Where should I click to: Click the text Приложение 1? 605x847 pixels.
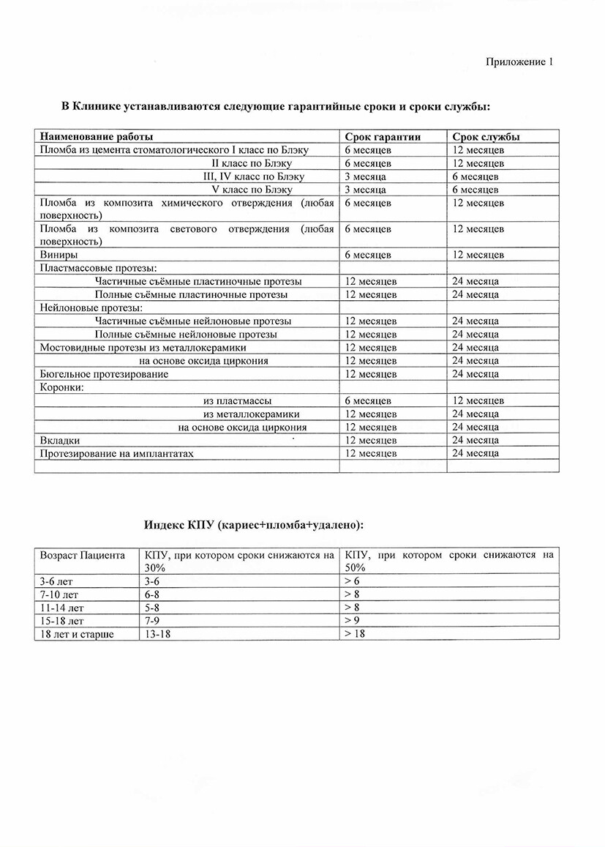[x=519, y=62]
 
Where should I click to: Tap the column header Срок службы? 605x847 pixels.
[x=486, y=137]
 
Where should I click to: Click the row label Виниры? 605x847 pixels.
[x=59, y=255]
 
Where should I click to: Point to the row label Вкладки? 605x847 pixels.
[x=60, y=440]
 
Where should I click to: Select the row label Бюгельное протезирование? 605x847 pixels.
[x=104, y=374]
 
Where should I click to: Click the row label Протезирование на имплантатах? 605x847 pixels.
[x=117, y=453]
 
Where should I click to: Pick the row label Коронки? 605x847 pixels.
[x=61, y=387]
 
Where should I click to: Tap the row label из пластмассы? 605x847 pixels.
[x=238, y=400]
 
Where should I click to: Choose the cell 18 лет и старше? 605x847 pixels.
[x=77, y=633]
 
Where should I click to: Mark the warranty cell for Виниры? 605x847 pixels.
[x=368, y=255]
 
